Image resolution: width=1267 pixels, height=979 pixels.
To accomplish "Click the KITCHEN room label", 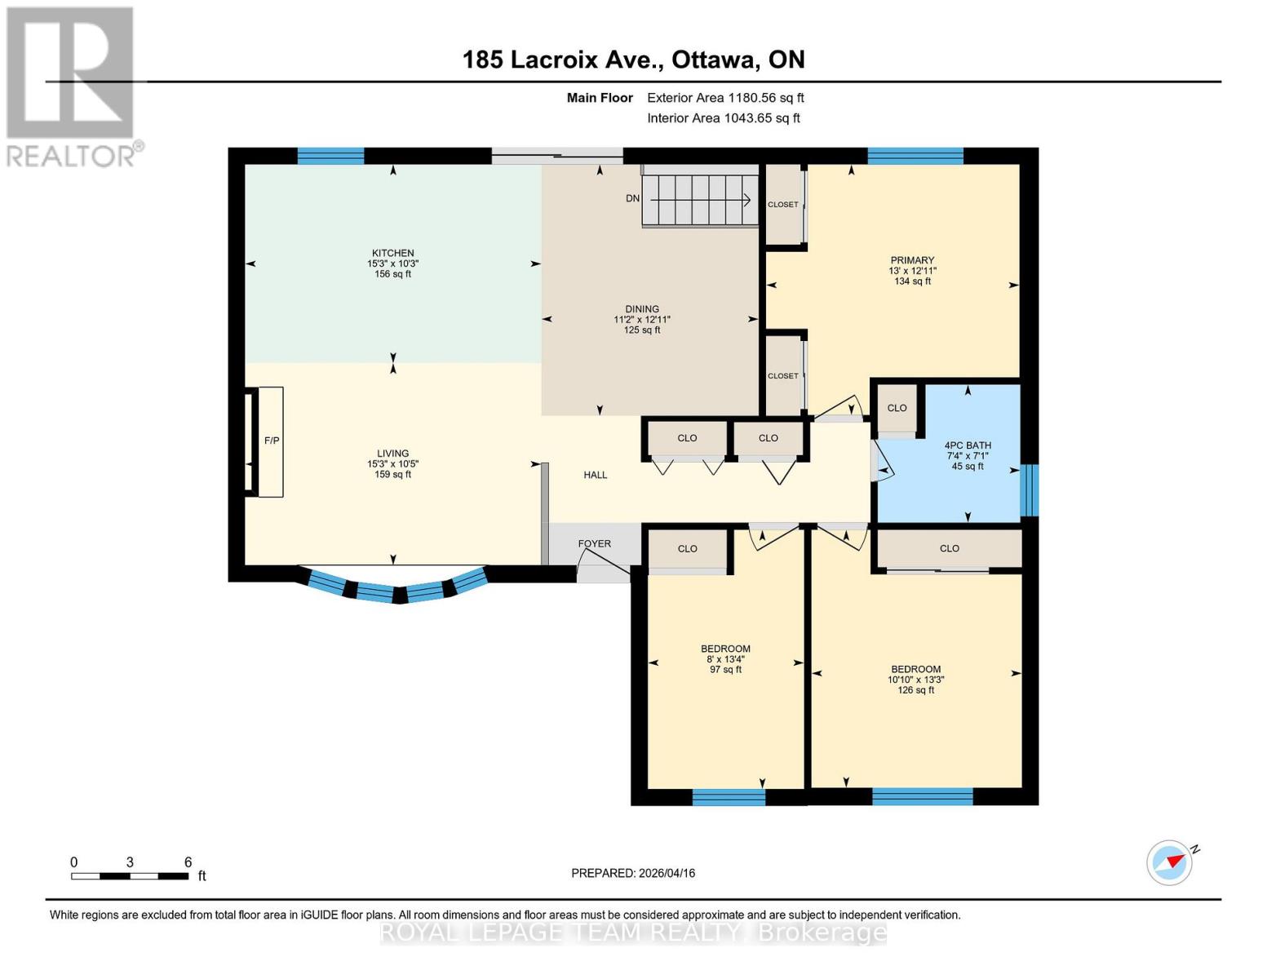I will coord(392,253).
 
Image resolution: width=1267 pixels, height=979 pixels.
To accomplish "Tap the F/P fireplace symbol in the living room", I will coord(271,441).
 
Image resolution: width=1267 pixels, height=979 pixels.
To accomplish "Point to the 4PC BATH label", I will coord(968,445).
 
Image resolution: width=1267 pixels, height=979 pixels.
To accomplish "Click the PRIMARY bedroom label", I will coord(912,260).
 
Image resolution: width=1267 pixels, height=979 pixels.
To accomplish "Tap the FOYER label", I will coord(594,543).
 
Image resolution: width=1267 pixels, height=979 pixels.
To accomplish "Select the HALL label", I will coord(595,475).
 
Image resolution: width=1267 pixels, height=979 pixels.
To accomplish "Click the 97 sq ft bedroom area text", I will coord(725,670).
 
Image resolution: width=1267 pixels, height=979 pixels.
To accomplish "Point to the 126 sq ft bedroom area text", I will coord(915,690).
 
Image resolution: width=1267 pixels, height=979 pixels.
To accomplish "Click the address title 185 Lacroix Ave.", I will coord(633,60).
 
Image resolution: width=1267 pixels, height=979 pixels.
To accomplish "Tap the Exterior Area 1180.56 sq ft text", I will coord(725,98).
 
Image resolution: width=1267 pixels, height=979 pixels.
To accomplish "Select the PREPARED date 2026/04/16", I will coord(633,873).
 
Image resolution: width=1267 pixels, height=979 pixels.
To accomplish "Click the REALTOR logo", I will coord(72,86).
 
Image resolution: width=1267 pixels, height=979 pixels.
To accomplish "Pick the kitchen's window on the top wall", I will coord(330,156).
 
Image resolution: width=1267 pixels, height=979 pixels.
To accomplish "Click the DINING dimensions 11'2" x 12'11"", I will coord(642,320).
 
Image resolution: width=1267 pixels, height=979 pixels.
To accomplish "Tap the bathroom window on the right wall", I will coord(1030,489).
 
